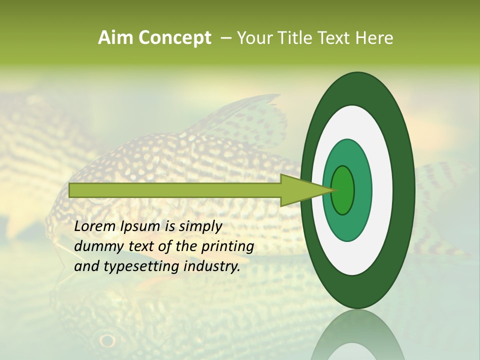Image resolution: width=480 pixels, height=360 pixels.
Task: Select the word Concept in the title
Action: pos(174,38)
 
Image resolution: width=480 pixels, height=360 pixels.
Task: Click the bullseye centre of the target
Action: pos(343,190)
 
